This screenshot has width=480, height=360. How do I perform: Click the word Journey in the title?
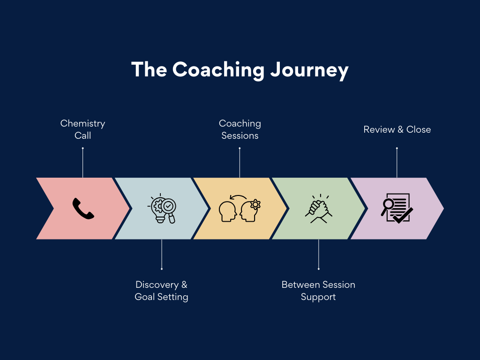tap(309, 70)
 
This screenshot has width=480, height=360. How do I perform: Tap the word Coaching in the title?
tap(218, 69)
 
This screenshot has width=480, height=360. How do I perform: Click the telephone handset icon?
tap(83, 209)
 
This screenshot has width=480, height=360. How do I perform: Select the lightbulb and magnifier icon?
tap(162, 209)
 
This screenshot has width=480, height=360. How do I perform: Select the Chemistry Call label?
tap(83, 129)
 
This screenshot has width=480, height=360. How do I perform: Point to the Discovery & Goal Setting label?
tap(161, 291)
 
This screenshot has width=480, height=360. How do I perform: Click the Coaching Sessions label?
tap(240, 129)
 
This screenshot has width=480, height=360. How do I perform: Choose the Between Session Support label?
tap(318, 291)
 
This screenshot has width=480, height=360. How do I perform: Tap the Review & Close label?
tap(397, 129)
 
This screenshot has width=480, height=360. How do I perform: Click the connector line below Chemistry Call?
tap(83, 163)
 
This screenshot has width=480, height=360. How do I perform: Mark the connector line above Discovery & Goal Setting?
tap(162, 254)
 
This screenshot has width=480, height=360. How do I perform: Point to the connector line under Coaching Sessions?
tap(240, 163)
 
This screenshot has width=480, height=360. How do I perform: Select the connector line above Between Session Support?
tap(319, 254)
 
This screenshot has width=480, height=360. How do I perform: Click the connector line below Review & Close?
tap(397, 163)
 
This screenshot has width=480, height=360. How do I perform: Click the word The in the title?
tap(149, 69)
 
